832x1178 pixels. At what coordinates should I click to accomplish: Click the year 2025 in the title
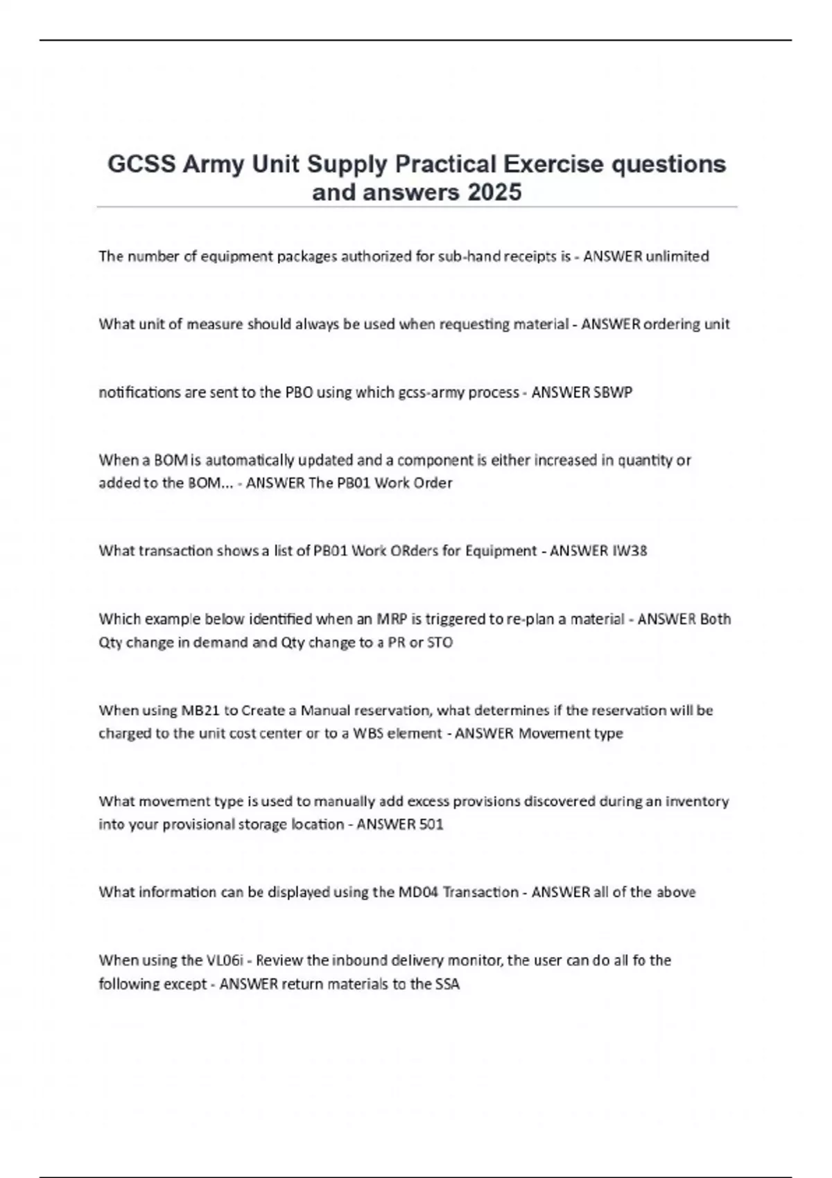tap(494, 192)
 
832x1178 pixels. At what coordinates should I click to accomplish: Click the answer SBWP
tap(613, 392)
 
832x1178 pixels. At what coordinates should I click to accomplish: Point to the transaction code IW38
tap(630, 551)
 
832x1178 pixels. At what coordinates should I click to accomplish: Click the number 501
tap(431, 825)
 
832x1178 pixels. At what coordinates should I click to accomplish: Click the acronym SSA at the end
tap(447, 984)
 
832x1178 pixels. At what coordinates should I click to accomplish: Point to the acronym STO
tap(440, 642)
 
